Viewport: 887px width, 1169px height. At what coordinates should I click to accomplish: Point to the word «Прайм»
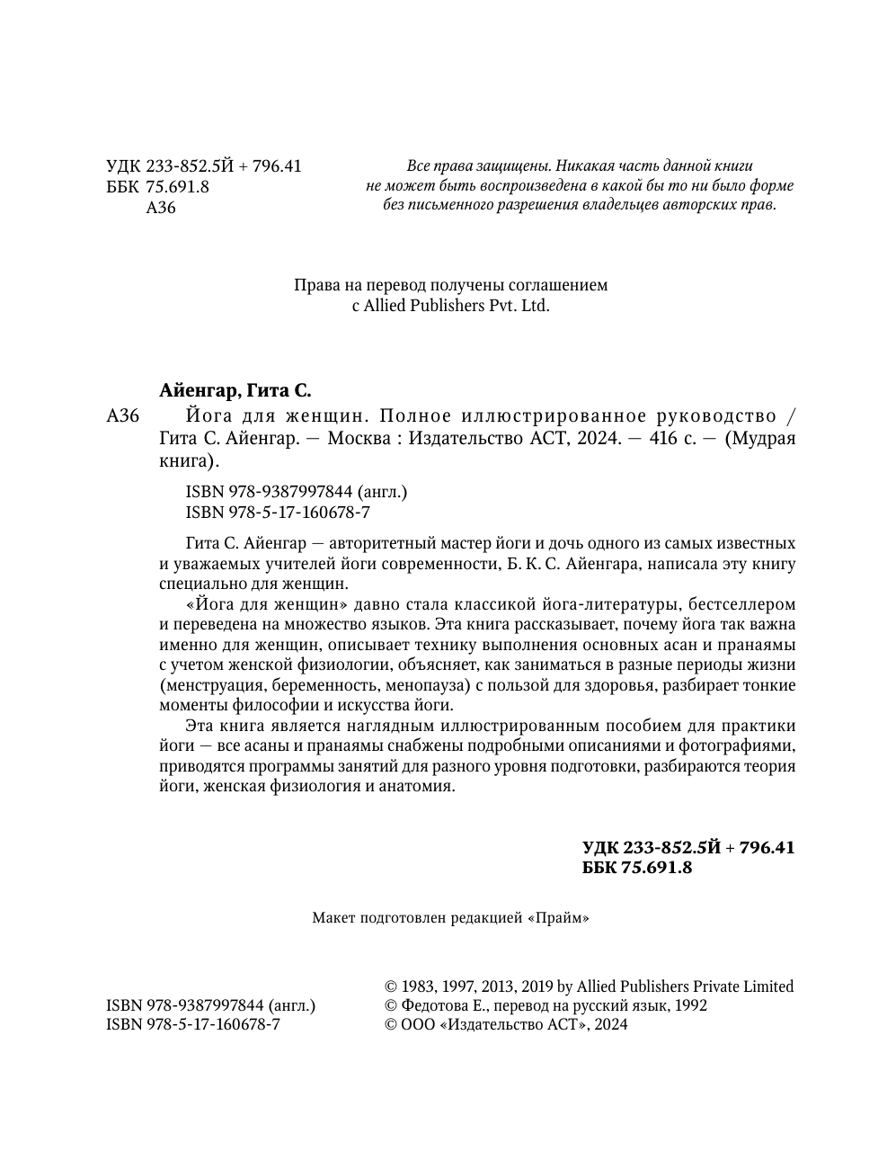558,918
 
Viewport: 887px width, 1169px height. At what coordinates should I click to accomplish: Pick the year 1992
690,1005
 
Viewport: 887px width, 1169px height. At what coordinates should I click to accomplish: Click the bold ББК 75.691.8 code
637,868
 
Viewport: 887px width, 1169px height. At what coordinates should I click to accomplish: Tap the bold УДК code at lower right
688,848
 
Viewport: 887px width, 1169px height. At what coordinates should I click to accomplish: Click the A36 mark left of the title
122,416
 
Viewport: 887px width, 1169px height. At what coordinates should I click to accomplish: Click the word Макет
333,918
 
